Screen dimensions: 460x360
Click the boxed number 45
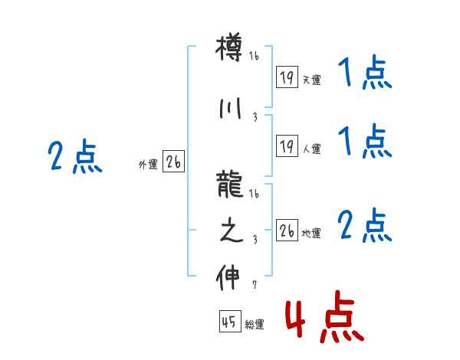coord(228,323)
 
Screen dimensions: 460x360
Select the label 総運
coord(254,325)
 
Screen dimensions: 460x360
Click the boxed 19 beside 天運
coord(287,77)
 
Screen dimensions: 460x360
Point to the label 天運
coord(311,80)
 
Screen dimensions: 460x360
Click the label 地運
coord(311,233)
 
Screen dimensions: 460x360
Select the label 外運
coord(148,163)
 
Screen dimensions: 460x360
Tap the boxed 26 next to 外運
coord(173,162)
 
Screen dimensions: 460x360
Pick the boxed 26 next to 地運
coord(287,231)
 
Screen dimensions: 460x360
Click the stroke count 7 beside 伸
coord(254,287)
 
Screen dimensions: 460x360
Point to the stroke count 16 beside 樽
coord(254,55)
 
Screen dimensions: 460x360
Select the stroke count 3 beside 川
coord(254,117)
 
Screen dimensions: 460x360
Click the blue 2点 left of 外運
coord(74,159)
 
